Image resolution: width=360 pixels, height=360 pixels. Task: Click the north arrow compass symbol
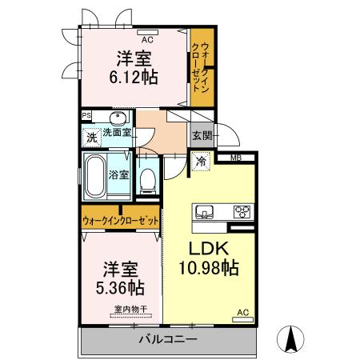[290, 339]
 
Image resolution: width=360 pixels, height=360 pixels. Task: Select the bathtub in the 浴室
[95, 176]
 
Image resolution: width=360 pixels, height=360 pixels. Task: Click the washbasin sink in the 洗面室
[118, 118]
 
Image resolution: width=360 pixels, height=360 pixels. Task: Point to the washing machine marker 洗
[92, 138]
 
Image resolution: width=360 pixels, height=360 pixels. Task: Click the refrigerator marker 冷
[201, 161]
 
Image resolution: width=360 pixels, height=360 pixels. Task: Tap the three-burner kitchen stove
[242, 212]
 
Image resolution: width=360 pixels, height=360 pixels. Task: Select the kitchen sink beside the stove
[205, 212]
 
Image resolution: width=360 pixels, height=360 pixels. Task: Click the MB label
[236, 158]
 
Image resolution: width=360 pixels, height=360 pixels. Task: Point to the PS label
[86, 116]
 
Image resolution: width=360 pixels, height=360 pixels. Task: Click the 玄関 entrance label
[202, 136]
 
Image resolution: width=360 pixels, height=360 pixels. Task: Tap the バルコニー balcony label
[168, 339]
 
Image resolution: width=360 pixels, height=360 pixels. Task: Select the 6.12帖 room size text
[134, 78]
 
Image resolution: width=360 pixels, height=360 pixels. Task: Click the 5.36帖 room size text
[120, 287]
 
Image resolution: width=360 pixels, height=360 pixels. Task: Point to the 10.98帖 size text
[209, 268]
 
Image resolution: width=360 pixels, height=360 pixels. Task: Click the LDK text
[209, 248]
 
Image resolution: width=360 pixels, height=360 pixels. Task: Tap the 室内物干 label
[130, 309]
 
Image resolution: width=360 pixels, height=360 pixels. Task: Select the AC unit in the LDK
[242, 319]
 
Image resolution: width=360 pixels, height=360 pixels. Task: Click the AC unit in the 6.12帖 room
[147, 33]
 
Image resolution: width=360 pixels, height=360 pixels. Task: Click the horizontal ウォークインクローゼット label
[121, 221]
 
